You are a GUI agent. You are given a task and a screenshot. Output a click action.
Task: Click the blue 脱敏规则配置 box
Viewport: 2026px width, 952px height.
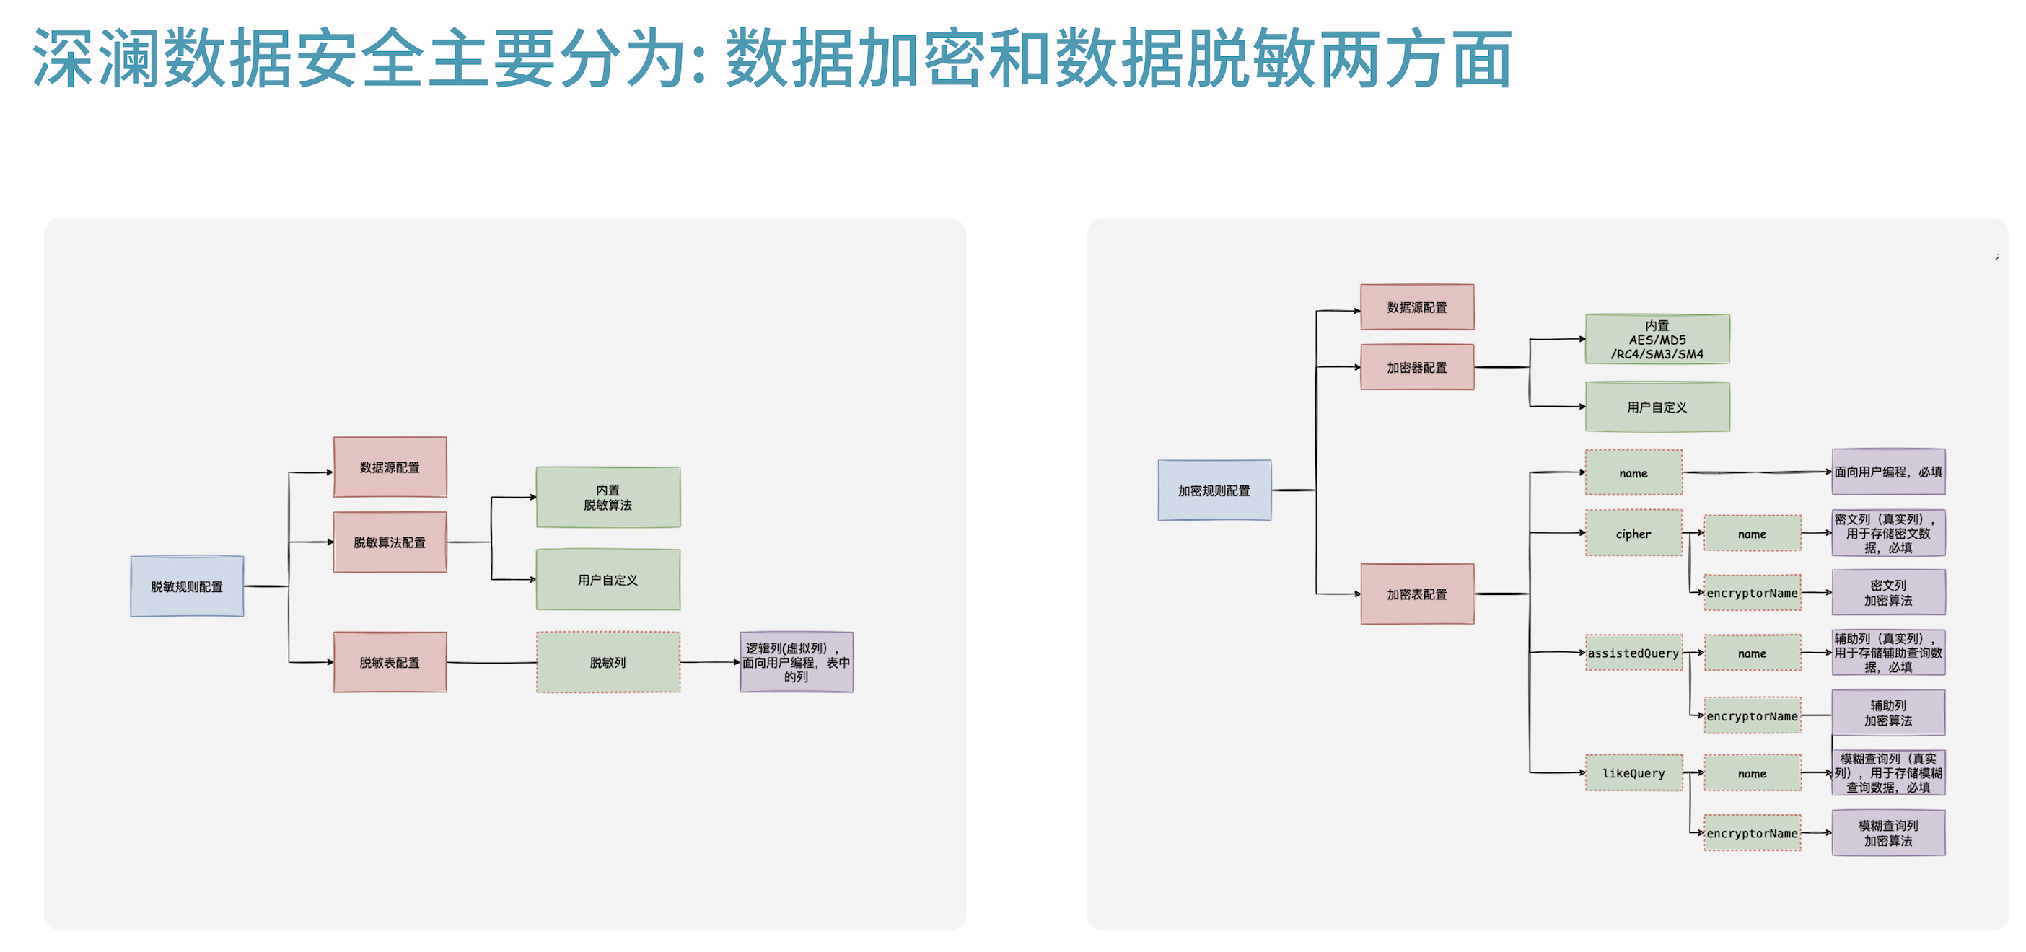click(187, 586)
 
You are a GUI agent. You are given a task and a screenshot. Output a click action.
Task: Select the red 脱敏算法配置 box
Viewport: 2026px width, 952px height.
click(390, 542)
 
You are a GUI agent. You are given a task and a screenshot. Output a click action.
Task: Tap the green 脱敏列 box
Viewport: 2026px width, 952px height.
click(608, 663)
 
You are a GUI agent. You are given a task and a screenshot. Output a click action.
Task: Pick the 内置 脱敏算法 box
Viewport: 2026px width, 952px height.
click(608, 498)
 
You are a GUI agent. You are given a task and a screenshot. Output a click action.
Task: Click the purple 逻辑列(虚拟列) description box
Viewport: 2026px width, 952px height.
click(796, 663)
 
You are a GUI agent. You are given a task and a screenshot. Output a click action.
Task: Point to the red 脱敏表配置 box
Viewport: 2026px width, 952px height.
click(390, 663)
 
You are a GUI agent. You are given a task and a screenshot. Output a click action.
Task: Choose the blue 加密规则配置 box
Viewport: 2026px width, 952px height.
click(1214, 490)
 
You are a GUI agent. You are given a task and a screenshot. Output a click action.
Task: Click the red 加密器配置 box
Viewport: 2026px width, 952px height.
click(1417, 367)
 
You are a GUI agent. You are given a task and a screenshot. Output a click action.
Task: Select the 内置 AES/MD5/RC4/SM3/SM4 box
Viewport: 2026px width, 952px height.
click(1657, 340)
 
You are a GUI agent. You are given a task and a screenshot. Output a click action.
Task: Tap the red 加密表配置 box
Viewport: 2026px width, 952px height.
click(1417, 594)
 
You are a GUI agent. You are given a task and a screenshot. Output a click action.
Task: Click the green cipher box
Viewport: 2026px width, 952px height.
click(1633, 534)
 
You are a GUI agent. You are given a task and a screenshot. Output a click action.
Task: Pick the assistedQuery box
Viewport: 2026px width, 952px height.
click(1633, 653)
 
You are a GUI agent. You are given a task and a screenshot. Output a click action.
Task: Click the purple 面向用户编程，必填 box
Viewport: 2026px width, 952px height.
click(1888, 472)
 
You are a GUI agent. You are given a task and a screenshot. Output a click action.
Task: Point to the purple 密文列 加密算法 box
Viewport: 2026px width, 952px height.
click(1888, 593)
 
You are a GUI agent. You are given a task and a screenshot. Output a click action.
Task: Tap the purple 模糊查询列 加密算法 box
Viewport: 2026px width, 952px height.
click(1888, 833)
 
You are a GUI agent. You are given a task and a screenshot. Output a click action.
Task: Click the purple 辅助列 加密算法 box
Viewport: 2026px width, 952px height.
click(1888, 713)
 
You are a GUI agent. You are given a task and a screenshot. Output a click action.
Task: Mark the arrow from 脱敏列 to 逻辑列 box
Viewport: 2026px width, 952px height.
click(709, 663)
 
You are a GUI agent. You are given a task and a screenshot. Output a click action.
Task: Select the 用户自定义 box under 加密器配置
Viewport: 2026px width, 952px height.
click(1657, 407)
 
